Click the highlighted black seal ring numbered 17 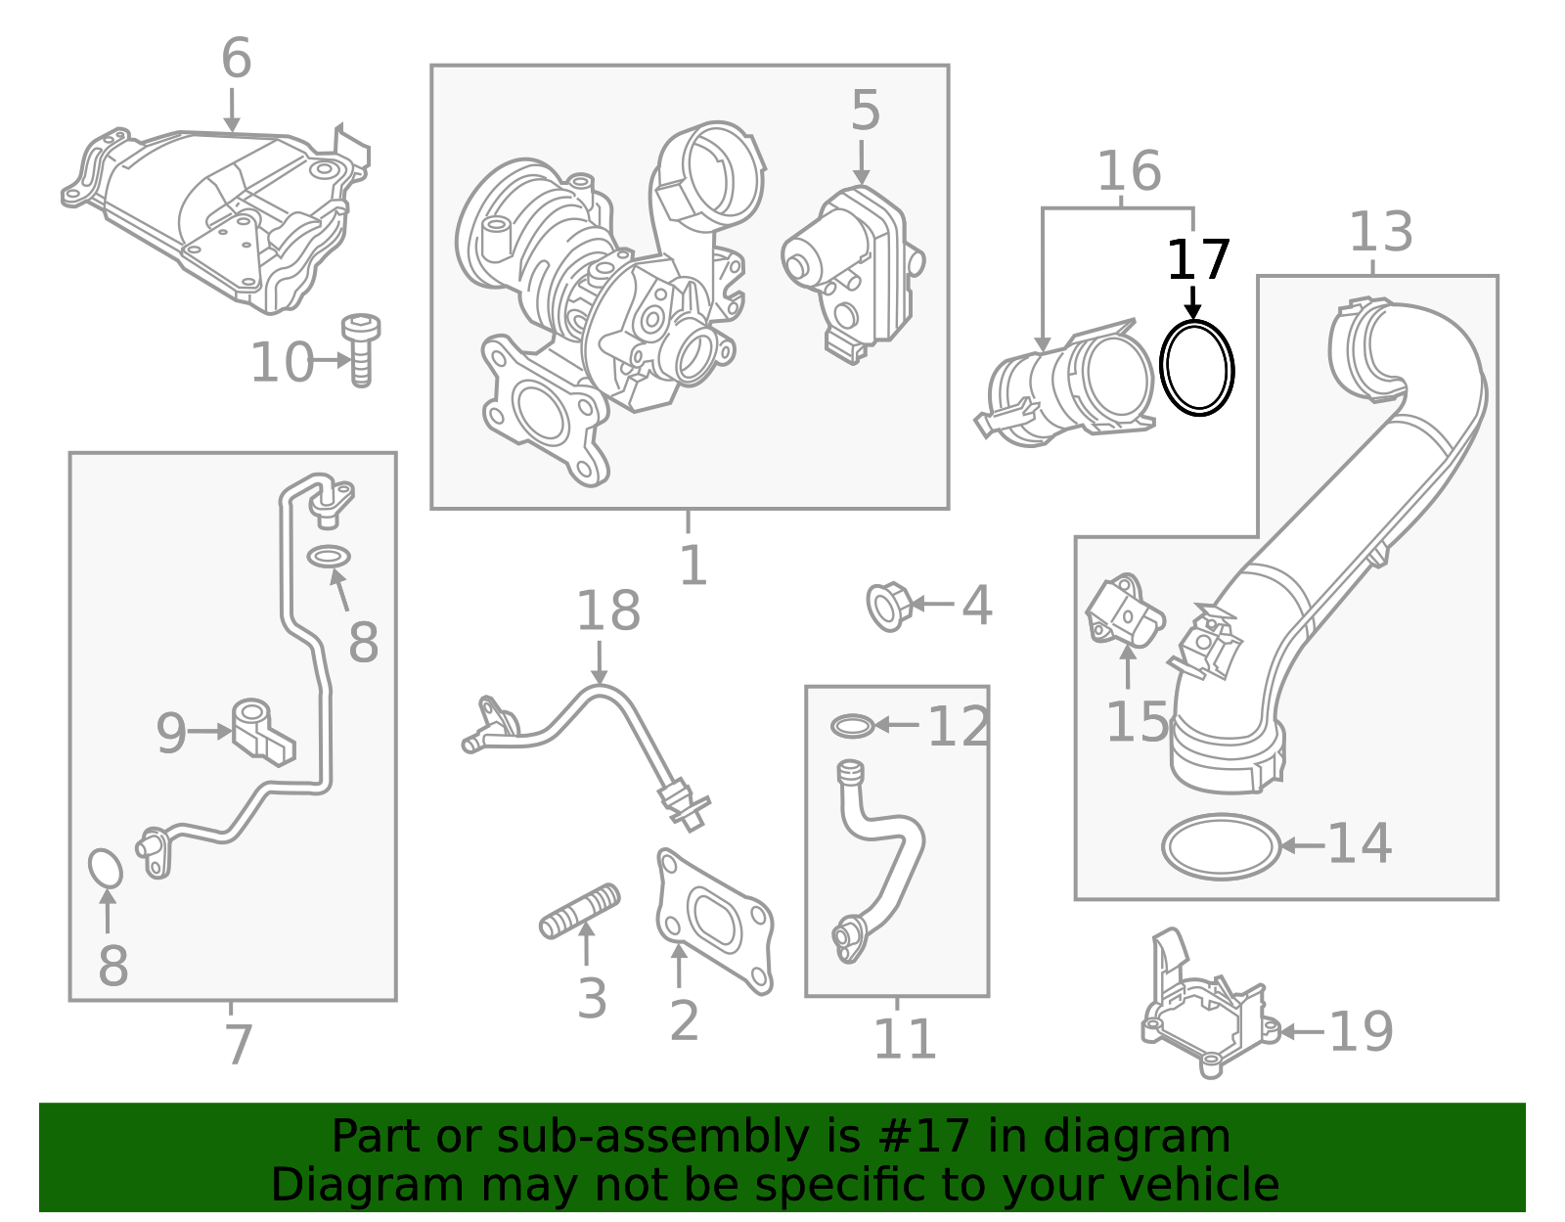(x=1196, y=368)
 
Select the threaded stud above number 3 (x=580, y=911)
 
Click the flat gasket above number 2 (x=714, y=920)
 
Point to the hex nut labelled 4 (x=888, y=606)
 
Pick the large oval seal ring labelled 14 (x=1221, y=846)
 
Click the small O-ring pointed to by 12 (x=852, y=726)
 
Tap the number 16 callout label (x=1129, y=172)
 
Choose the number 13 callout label (x=1381, y=233)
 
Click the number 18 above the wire (x=607, y=611)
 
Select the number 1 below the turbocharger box (x=693, y=566)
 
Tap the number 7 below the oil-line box (x=239, y=1045)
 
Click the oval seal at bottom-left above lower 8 (x=105, y=868)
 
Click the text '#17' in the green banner (x=924, y=1137)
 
